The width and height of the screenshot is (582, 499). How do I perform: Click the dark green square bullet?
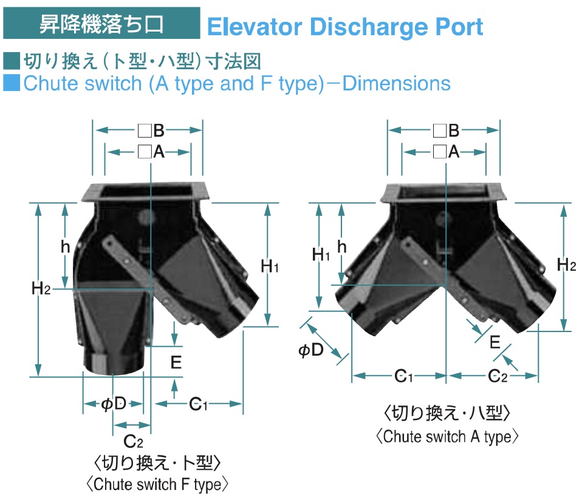(x=12, y=61)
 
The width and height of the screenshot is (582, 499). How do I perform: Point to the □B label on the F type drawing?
(x=151, y=130)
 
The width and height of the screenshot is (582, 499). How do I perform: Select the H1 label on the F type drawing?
(x=269, y=266)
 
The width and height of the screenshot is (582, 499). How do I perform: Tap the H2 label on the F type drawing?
(x=41, y=288)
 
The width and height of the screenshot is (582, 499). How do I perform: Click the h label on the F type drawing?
(x=65, y=246)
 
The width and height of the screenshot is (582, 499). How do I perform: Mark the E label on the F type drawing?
(x=176, y=362)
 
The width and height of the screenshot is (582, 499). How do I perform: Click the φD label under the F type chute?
(x=114, y=404)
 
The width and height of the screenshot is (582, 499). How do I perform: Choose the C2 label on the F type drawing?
(x=132, y=441)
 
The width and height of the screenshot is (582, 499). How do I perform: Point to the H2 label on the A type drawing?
(x=566, y=265)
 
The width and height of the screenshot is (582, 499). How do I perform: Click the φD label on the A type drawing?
(x=310, y=350)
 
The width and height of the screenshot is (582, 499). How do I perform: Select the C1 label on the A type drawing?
(x=400, y=377)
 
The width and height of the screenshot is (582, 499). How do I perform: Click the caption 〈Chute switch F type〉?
(x=157, y=484)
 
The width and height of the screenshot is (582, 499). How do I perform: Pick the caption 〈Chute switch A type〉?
(x=448, y=435)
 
